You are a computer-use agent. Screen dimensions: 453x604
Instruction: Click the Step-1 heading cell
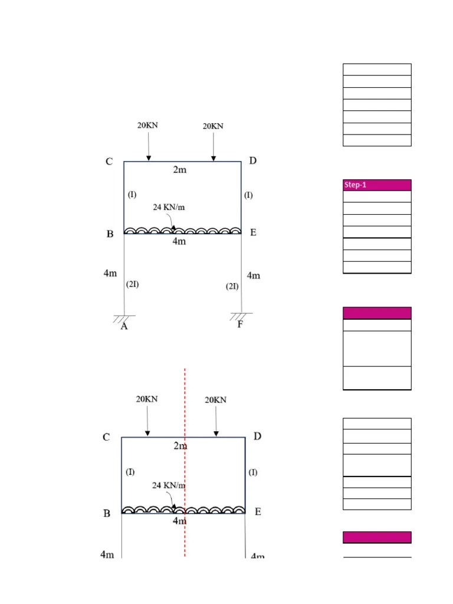point(377,185)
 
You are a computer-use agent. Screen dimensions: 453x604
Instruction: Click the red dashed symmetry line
point(185,462)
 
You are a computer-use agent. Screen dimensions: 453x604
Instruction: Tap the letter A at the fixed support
point(124,327)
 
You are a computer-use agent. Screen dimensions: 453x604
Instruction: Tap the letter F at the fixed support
point(240,324)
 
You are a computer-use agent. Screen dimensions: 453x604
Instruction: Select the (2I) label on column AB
point(132,284)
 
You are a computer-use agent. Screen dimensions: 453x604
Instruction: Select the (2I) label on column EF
point(232,286)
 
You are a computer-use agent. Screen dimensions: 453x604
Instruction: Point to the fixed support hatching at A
point(124,319)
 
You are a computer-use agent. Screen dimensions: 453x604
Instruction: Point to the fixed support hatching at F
point(241,316)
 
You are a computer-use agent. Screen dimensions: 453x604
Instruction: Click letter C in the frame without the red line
point(109,162)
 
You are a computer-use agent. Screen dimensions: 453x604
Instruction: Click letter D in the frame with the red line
point(257,436)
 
